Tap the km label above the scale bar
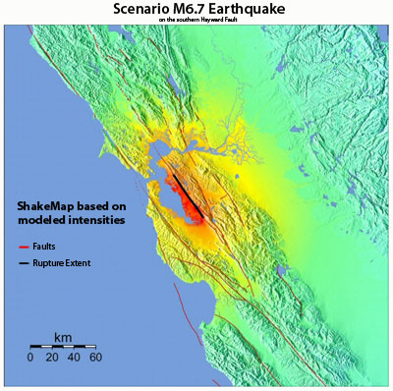point(63,337)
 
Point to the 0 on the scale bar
point(30,358)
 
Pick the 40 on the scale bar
point(74,358)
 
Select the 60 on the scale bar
point(95,358)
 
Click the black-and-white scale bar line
point(63,347)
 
